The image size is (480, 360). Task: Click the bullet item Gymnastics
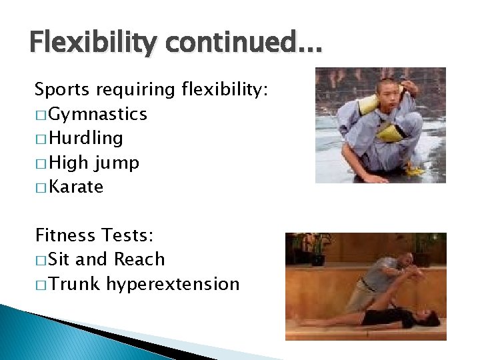tap(98, 115)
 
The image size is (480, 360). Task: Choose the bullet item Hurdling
tap(86, 139)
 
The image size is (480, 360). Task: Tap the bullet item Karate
tap(76, 187)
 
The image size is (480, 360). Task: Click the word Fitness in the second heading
tap(65, 235)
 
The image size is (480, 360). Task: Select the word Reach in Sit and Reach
tap(139, 259)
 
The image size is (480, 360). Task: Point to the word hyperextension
tap(173, 285)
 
